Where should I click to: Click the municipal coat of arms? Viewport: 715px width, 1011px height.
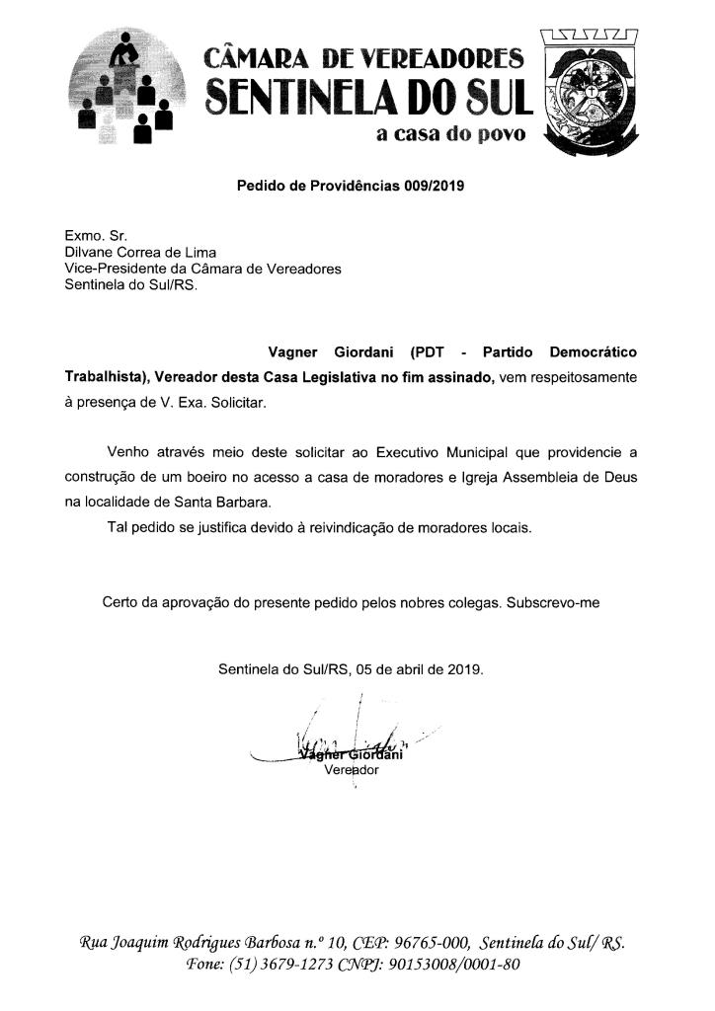(589, 94)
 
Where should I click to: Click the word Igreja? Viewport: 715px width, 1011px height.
(482, 478)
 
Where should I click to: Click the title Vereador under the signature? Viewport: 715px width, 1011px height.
(351, 771)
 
